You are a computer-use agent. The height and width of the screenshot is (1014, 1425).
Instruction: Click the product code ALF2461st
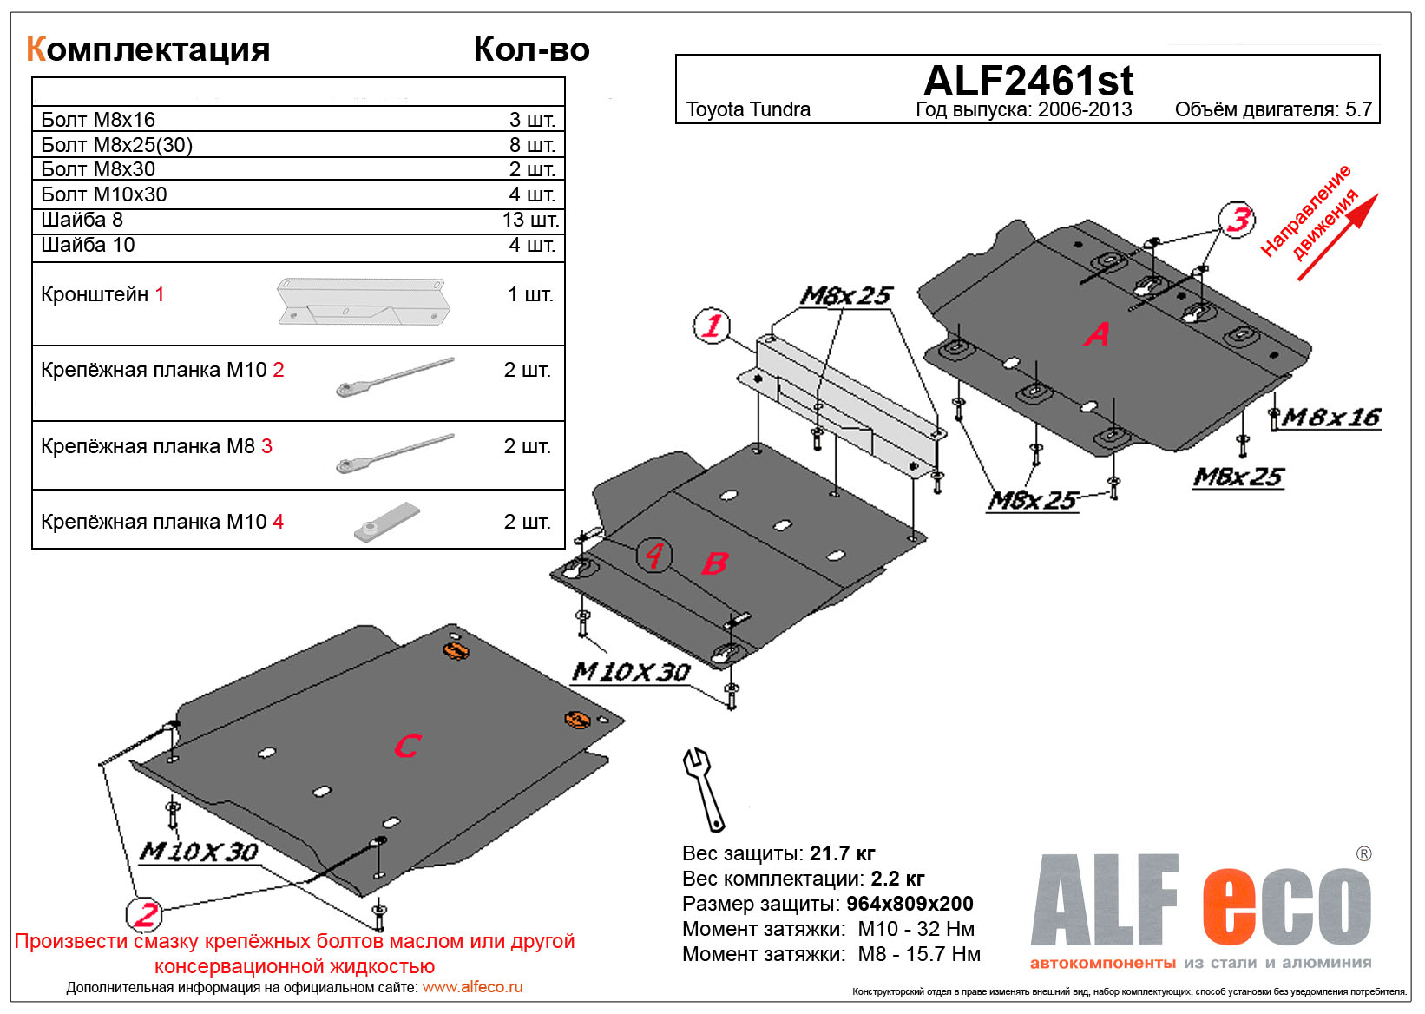pos(1028,82)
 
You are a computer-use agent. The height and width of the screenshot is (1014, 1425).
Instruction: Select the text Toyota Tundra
pos(748,110)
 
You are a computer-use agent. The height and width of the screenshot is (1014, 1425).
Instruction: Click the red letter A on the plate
pos(1096,334)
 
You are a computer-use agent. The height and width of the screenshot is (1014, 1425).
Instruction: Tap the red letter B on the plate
pos(713,563)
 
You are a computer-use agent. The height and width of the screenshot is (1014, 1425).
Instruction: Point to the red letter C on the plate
pos(407,746)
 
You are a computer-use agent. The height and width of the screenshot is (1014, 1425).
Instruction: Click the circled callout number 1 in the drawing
pos(712,326)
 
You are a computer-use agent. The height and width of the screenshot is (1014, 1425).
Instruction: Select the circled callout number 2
pos(144,914)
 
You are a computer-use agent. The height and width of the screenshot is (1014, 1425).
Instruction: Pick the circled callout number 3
pos(1238,220)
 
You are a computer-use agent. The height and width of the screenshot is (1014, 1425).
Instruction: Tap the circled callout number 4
pos(653,555)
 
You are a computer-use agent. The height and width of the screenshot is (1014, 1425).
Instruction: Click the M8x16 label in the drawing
pos(1330,418)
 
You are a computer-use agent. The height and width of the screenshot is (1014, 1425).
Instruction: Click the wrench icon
pos(704,789)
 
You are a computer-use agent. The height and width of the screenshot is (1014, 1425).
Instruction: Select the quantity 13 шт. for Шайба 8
pos(530,221)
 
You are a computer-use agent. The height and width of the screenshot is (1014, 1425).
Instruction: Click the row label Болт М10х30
pos(104,194)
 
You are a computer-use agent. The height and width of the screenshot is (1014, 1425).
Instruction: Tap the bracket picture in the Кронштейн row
pos(363,300)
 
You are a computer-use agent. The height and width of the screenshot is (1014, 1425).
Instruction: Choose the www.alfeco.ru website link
pos(472,987)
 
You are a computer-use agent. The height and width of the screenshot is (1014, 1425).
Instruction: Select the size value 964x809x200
pos(910,904)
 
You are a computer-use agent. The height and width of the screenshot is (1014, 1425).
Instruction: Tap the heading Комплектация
pos(148,49)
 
